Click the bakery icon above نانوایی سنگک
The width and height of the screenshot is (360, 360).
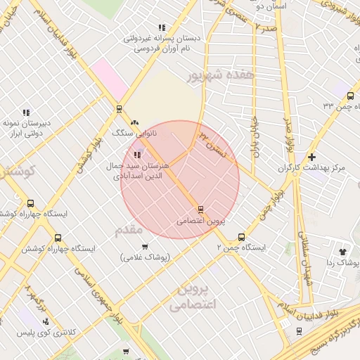[x=134, y=122]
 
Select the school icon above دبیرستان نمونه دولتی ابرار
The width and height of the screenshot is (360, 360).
[x=26, y=112]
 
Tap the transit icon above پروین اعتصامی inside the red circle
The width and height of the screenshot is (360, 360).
[x=201, y=210]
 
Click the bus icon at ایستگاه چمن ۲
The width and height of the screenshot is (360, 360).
[x=241, y=237]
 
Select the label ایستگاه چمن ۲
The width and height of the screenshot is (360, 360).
[x=240, y=248]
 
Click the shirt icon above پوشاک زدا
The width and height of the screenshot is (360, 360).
[x=342, y=251]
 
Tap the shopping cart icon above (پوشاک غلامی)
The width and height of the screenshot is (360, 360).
[x=145, y=246]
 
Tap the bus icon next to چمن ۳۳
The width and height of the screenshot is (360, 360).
[x=351, y=94]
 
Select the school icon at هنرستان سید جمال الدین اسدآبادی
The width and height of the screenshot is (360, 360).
[x=136, y=155]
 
